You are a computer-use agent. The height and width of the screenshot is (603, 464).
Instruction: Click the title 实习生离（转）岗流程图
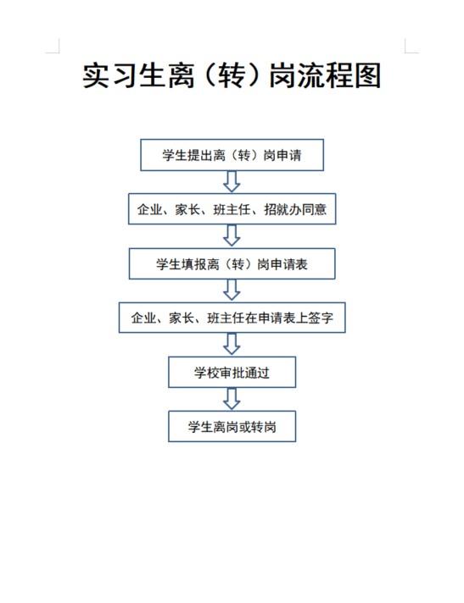tap(232, 75)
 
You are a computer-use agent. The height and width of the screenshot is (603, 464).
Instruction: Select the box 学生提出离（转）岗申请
tap(232, 155)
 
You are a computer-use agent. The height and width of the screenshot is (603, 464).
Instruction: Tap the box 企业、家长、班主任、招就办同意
tap(232, 209)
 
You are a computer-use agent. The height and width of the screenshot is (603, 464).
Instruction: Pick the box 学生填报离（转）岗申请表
tap(232, 264)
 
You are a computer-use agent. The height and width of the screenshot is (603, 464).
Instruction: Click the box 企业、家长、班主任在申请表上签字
tap(232, 318)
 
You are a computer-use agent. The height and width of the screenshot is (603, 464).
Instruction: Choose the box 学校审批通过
tap(232, 373)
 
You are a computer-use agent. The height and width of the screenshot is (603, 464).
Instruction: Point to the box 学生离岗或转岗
tap(232, 427)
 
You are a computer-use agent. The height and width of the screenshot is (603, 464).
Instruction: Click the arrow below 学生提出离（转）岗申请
tap(232, 182)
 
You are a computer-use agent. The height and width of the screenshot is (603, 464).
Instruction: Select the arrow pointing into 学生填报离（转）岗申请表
tap(232, 235)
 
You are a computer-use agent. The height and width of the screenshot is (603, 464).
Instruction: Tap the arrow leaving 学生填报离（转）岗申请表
tap(232, 290)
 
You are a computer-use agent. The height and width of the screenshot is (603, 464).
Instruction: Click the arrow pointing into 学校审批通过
tap(232, 344)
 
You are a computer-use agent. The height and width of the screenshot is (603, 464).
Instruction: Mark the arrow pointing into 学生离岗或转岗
tap(232, 399)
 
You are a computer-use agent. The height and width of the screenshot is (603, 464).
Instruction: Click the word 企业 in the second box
tap(150, 209)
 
